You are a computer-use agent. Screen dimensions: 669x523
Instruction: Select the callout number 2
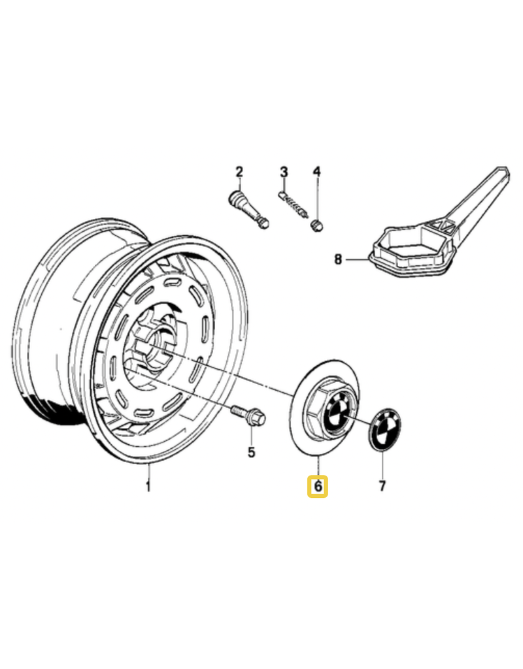click(x=239, y=172)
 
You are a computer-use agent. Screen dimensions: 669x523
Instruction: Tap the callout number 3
click(x=284, y=172)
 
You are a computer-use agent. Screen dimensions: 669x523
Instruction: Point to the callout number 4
click(x=316, y=172)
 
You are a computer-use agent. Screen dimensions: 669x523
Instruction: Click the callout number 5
click(x=251, y=452)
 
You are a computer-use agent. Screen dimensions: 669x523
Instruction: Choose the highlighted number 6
click(x=318, y=486)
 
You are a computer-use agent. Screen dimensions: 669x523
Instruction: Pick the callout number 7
click(x=382, y=486)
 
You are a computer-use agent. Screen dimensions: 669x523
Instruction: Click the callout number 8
click(x=338, y=259)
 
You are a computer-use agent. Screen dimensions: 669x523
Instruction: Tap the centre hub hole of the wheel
click(x=154, y=346)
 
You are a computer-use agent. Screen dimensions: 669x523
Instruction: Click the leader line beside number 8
click(x=358, y=259)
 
